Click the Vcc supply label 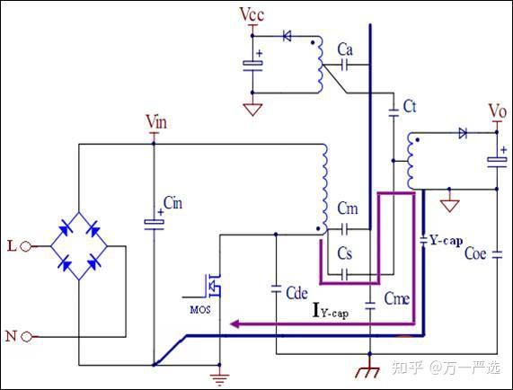(252, 14)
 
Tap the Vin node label (156, 121)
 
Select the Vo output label (498, 111)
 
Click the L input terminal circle (26, 246)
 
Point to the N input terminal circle (26, 336)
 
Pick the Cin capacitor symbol (155, 223)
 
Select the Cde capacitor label (296, 293)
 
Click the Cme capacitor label (397, 298)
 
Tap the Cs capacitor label (345, 253)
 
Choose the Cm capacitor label (348, 208)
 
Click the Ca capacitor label (345, 49)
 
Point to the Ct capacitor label (410, 106)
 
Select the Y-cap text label (447, 241)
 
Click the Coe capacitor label (475, 253)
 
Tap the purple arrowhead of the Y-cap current (234, 324)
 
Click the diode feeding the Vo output (463, 133)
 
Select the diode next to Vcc (287, 36)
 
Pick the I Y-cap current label (331, 311)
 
